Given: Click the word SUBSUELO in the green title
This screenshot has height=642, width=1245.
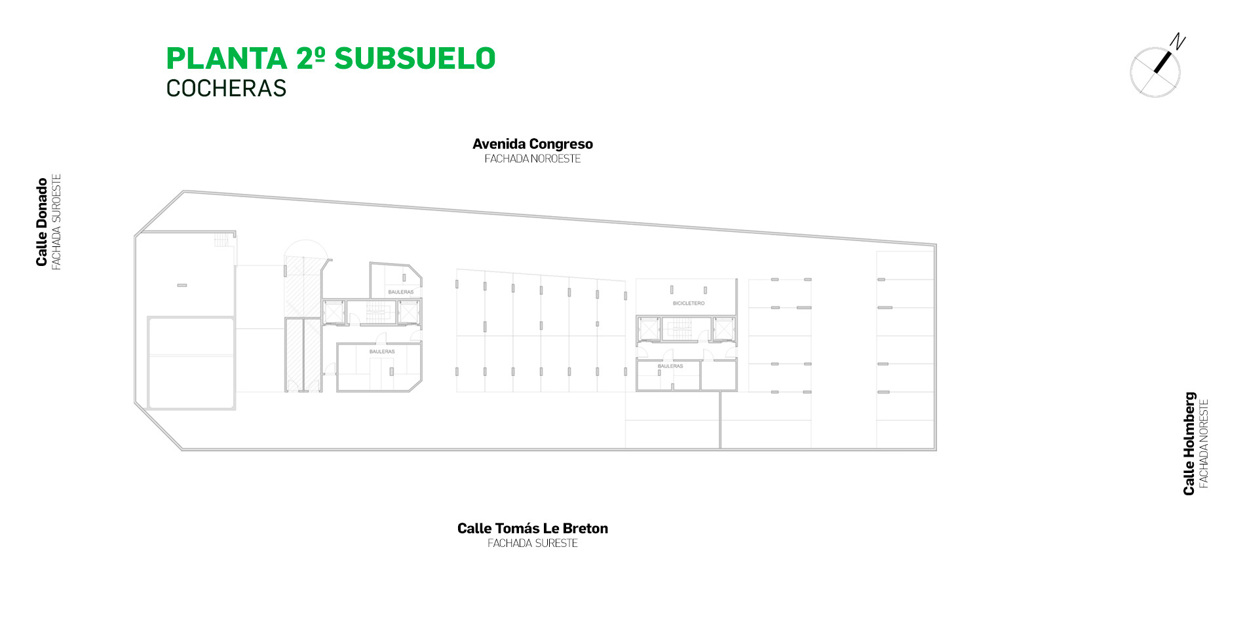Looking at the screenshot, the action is [x=415, y=58].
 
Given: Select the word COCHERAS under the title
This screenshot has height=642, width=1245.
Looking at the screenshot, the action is [x=226, y=88].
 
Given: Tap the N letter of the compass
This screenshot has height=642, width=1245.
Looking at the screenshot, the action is [x=1178, y=42].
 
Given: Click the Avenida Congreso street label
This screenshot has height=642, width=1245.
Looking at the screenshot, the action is [x=533, y=144].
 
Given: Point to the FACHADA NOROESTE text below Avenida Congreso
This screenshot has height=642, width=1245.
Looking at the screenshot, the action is [x=533, y=159].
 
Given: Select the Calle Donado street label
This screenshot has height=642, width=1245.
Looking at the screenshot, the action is [x=42, y=222].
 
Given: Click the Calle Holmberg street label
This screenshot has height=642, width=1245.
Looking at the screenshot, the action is [x=1189, y=444].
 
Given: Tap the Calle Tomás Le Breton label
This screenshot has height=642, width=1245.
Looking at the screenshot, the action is [x=533, y=528].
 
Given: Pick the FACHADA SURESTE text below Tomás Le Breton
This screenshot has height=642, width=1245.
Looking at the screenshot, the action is [x=533, y=543].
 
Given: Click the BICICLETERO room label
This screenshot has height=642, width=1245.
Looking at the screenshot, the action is [x=689, y=303].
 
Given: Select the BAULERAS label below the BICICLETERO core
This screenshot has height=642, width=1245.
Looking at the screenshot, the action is [x=670, y=366].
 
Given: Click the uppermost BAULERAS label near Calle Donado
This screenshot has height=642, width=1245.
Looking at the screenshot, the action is [x=401, y=292].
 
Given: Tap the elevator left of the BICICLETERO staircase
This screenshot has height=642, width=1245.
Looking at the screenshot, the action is [x=649, y=329].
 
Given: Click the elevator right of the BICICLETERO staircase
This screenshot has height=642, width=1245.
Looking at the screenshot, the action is [x=723, y=329].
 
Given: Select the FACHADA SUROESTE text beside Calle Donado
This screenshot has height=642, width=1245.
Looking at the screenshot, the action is [x=56, y=222].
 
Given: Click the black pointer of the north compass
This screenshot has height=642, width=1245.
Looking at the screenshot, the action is [x=1162, y=62].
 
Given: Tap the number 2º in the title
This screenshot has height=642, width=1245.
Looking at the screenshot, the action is [x=311, y=58].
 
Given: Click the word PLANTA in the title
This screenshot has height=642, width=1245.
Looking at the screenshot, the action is [x=227, y=58].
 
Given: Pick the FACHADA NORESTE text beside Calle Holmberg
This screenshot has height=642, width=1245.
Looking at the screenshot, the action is [x=1204, y=444].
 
